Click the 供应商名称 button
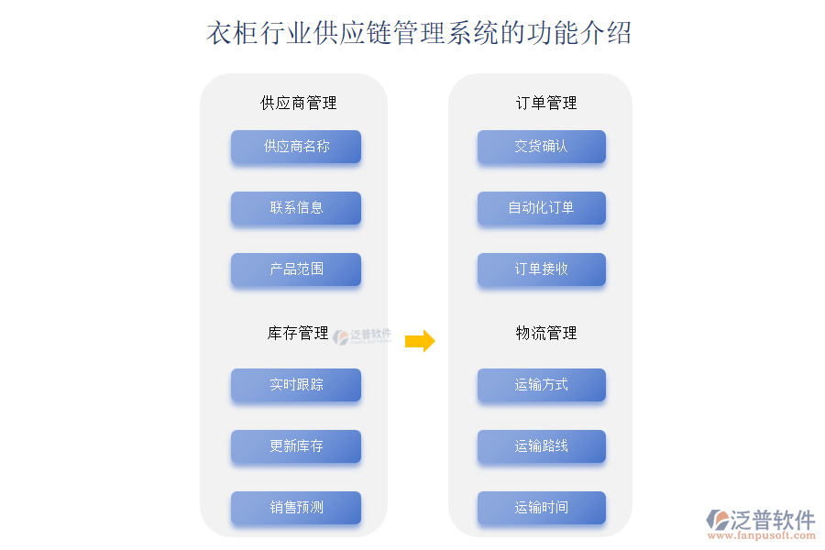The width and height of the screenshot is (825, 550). point(296,147)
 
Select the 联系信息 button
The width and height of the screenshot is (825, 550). point(296,208)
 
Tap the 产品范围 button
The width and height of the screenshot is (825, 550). point(296,269)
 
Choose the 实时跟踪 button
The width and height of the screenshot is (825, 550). point(296,385)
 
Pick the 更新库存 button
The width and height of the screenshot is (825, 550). point(296,446)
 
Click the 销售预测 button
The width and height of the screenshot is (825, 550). point(296,508)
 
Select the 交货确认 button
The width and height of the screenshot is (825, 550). point(542,147)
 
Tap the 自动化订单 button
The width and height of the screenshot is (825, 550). point(542,208)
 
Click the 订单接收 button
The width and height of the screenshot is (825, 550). point(542,269)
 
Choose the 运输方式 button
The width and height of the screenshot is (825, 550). point(542,385)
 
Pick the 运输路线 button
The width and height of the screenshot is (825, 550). point(542,446)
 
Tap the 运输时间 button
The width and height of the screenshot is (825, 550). point(542,508)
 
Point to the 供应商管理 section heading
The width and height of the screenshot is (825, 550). point(299,103)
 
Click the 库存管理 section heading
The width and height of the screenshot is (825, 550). point(298,334)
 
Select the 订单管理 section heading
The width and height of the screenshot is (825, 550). point(546,103)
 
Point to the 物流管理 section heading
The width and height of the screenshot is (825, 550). point(546,334)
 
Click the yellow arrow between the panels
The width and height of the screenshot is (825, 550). point(420,341)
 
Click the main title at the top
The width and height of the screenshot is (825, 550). point(419,34)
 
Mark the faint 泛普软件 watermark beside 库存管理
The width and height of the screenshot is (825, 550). point(363,336)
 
